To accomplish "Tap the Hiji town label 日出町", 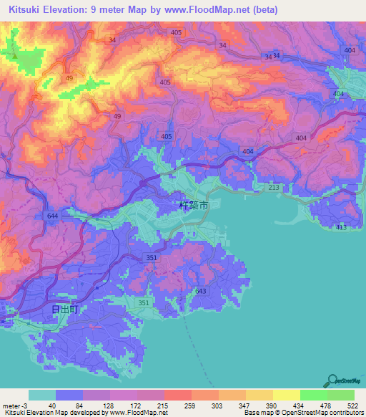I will (64, 310).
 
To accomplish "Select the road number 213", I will (274, 187).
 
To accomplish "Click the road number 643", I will (200, 290).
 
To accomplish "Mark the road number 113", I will (341, 227).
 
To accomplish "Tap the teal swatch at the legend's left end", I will (42, 395).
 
